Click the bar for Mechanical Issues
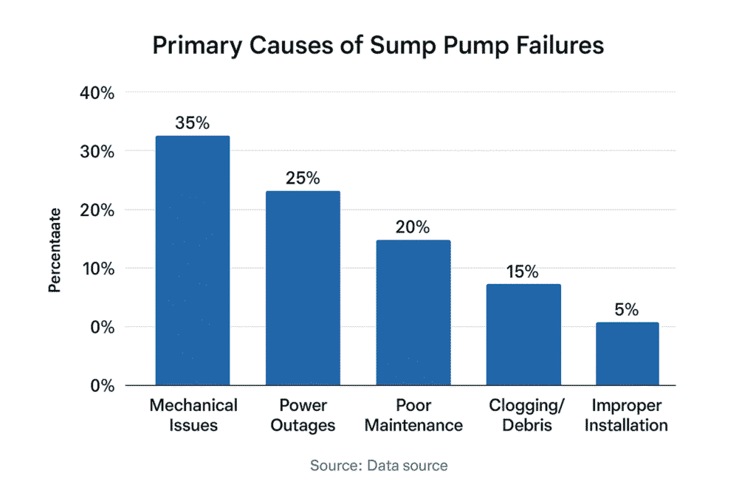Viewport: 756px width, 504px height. coord(192,260)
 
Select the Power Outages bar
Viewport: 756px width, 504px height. coord(303,288)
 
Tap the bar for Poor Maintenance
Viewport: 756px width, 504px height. coord(413,312)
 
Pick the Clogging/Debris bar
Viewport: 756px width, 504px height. coord(523,334)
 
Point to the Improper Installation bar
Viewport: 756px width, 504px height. coord(627,353)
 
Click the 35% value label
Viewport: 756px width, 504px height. coord(192,122)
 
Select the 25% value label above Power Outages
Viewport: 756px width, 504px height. coord(303,178)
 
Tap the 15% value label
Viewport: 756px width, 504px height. coord(523,271)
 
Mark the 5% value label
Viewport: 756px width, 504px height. coord(627,309)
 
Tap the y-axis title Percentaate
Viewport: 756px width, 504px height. coord(55,249)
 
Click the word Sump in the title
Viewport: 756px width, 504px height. coord(371,46)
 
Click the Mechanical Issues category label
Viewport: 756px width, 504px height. coord(193,415)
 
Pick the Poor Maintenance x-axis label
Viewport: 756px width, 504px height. coord(413,415)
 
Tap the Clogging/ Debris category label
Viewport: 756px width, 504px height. coord(523,415)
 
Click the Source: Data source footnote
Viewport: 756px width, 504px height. coord(378,466)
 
